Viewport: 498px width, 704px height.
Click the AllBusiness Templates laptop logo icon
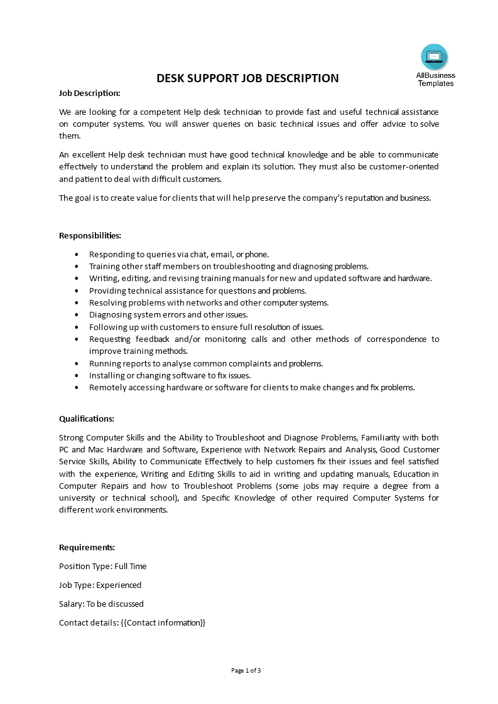[435, 57]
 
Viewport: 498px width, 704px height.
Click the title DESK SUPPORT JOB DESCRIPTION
[247, 78]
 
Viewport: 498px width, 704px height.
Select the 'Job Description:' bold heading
[89, 93]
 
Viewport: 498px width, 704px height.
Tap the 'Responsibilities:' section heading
[90, 235]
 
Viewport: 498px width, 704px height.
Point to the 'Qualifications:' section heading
[87, 419]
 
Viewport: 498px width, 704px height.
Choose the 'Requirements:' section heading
[87, 547]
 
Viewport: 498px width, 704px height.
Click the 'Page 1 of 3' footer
[246, 670]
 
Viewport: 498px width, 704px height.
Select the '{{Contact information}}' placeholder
[163, 622]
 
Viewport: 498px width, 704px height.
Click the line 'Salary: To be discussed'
[101, 604]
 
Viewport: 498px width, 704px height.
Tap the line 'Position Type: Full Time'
[102, 566]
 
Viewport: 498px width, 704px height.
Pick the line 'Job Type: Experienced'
[100, 585]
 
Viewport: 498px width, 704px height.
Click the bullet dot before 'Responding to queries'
[77, 254]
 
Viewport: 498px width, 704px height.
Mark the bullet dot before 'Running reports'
[77, 363]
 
